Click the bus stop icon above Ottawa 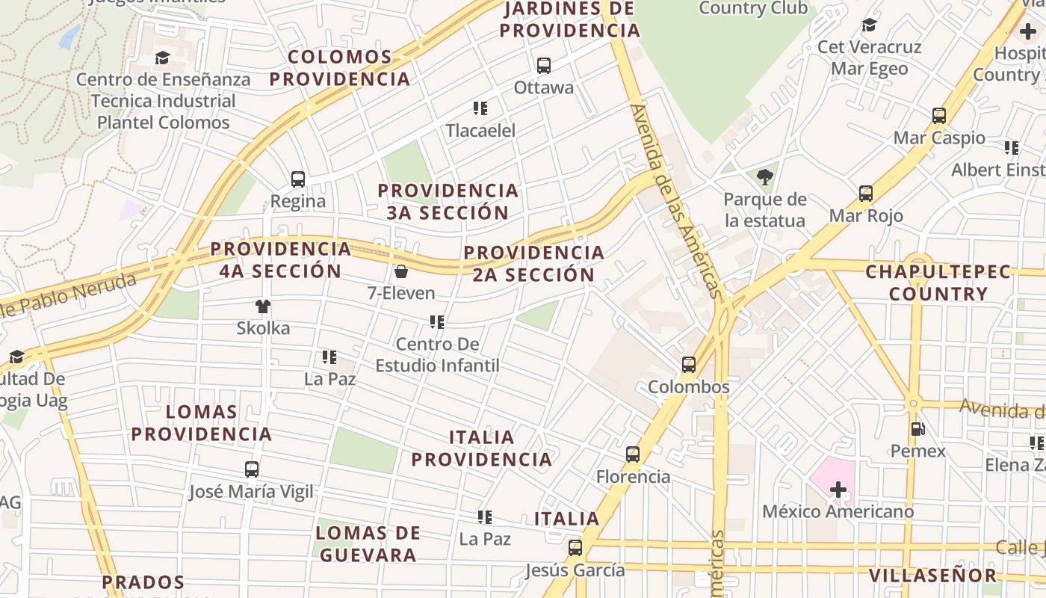pos(544,66)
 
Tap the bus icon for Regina pos(298,179)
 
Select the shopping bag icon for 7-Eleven pos(401,271)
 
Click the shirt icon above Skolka pos(263,306)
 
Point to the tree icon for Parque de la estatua pos(764,178)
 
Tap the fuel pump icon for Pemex pos(917,429)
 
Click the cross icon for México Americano pos(838,490)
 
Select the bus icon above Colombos pos(689,365)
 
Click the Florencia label pos(633,476)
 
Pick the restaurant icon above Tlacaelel pos(480,108)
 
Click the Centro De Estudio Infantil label pos(437,354)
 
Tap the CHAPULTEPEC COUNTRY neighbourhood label pos(938,283)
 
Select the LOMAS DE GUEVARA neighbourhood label pos(367,543)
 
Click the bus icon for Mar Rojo pos(866,194)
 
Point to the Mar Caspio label pos(939,138)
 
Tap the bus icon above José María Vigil pos(252,469)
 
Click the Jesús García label pos(575,570)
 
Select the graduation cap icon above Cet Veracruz pos(869,25)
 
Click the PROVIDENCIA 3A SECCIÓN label pos(448,201)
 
